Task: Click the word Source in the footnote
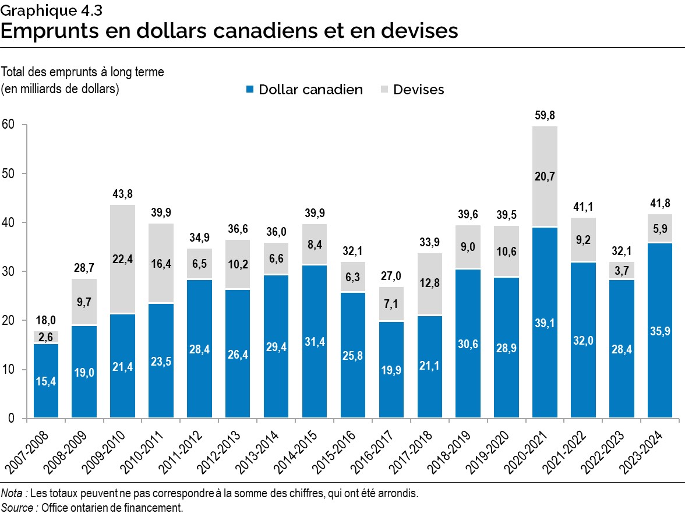[x=18, y=508]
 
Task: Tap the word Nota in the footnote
[x=13, y=494]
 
